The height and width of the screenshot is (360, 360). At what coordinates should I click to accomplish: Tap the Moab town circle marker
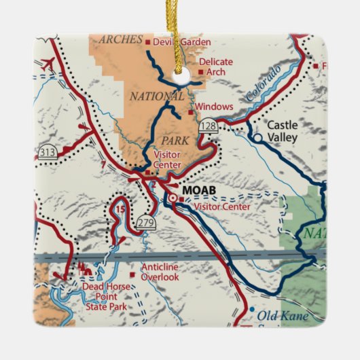(173, 198)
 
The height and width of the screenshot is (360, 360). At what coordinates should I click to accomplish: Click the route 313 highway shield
(48, 151)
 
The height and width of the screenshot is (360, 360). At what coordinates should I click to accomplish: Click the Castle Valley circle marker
(257, 137)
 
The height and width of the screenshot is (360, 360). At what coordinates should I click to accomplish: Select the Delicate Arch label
(216, 67)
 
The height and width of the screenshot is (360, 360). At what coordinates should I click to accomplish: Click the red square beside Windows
(191, 107)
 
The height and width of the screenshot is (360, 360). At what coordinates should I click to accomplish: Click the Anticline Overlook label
(160, 272)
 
